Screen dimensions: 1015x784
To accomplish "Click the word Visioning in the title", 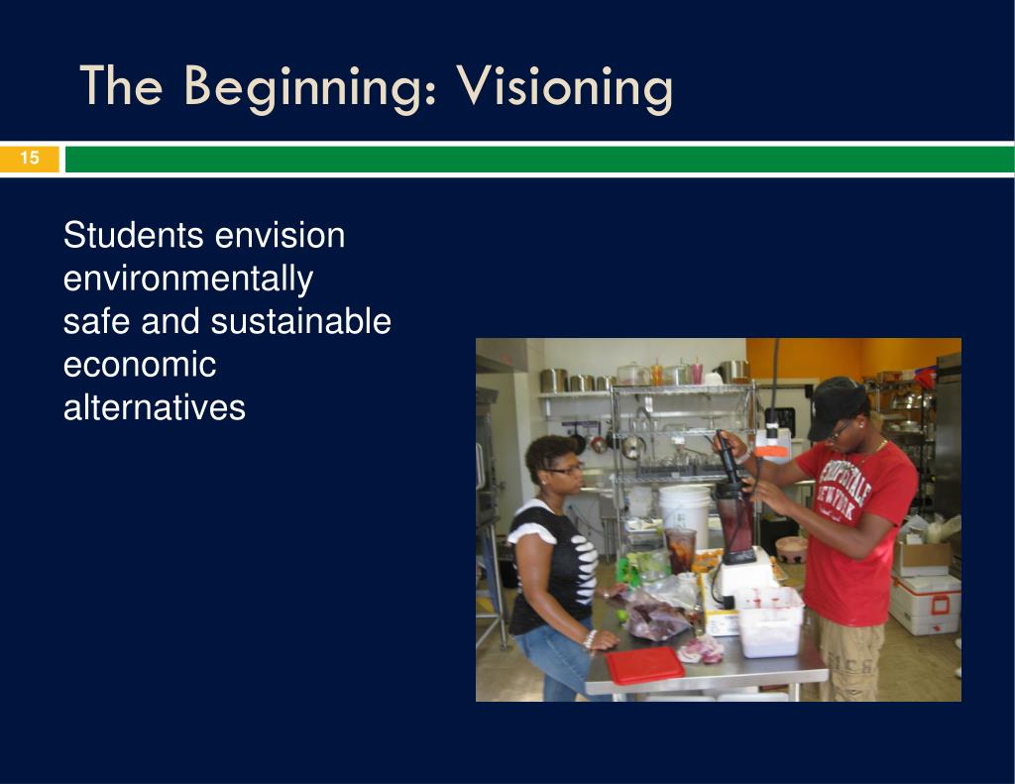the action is pyautogui.click(x=565, y=87).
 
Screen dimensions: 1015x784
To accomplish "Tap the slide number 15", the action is pyautogui.click(x=29, y=158).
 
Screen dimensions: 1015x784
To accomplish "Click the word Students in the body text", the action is pyautogui.click(x=133, y=234).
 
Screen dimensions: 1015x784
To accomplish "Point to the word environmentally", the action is pyautogui.click(x=188, y=280).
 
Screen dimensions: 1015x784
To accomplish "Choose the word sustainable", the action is pyautogui.click(x=301, y=321).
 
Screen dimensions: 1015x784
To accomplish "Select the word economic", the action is pyautogui.click(x=140, y=365).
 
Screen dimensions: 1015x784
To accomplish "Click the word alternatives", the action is pyautogui.click(x=154, y=407).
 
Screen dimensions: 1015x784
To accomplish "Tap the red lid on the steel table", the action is pyautogui.click(x=644, y=664).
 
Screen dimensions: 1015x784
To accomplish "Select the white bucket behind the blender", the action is pyautogui.click(x=685, y=514).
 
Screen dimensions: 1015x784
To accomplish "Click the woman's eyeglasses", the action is pyautogui.click(x=564, y=469).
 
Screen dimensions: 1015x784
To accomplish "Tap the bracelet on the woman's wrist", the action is pyautogui.click(x=589, y=639).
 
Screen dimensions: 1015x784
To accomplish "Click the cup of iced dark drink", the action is pyautogui.click(x=680, y=551).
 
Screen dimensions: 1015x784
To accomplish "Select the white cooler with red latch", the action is pyautogui.click(x=925, y=604).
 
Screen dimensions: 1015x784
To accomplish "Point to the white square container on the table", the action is pyautogui.click(x=769, y=620).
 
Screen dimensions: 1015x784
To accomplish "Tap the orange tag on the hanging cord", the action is pyautogui.click(x=771, y=451).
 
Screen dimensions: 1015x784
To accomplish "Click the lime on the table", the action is pyautogui.click(x=622, y=616).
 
